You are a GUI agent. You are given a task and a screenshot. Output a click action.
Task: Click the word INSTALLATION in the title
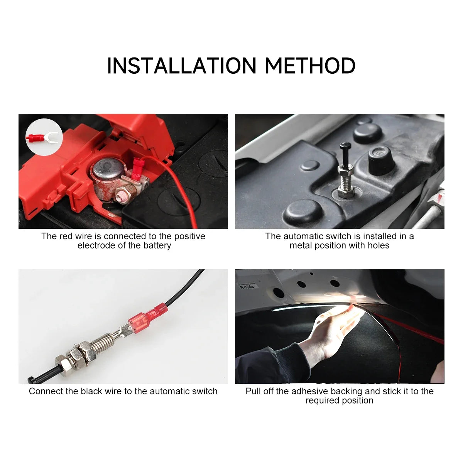point(181,66)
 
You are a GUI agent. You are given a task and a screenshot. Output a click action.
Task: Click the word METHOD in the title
point(310,66)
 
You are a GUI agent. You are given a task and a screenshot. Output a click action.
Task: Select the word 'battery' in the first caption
point(157,246)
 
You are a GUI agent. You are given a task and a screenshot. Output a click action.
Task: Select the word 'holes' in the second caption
point(378,246)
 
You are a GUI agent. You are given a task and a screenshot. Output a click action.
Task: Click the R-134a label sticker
point(247,287)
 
